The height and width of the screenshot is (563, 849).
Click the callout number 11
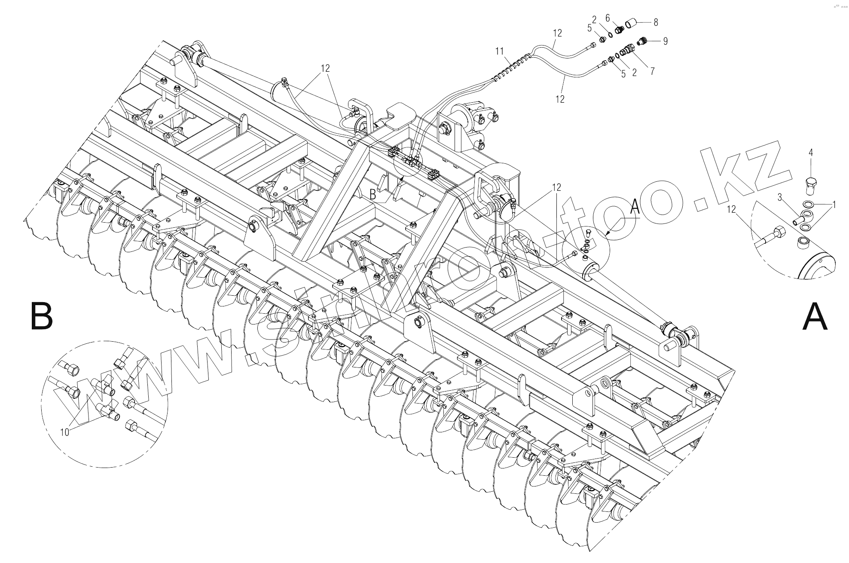[x=499, y=52]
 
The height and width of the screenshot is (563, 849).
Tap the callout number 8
[x=656, y=22]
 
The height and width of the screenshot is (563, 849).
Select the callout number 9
[x=665, y=41]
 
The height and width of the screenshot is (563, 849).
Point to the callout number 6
[x=608, y=18]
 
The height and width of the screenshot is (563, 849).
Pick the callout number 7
[x=652, y=71]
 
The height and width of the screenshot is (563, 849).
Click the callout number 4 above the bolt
[x=811, y=153]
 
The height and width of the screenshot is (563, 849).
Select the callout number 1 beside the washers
[x=834, y=205]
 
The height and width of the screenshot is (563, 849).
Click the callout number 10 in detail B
[x=64, y=432]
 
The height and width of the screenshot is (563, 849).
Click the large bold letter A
[x=815, y=317]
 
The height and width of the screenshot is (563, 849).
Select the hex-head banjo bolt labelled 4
[x=810, y=183]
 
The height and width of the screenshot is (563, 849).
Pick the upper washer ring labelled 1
[x=808, y=204]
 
